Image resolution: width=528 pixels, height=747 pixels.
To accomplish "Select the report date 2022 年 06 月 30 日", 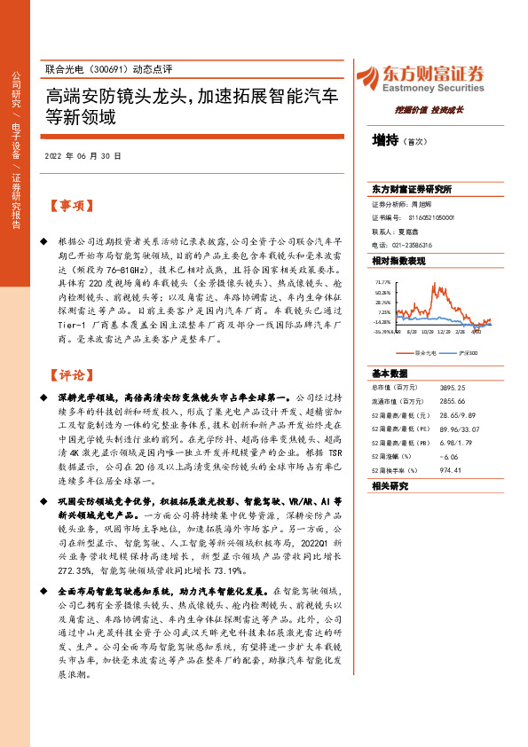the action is (x=82, y=155).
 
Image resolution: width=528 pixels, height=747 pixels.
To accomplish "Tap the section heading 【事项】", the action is (x=70, y=206).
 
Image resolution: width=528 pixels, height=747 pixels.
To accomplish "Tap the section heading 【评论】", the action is (x=70, y=376).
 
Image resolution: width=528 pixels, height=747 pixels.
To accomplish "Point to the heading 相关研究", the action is (x=390, y=485).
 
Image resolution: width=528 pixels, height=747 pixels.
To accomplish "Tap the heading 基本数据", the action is (x=390, y=373).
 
